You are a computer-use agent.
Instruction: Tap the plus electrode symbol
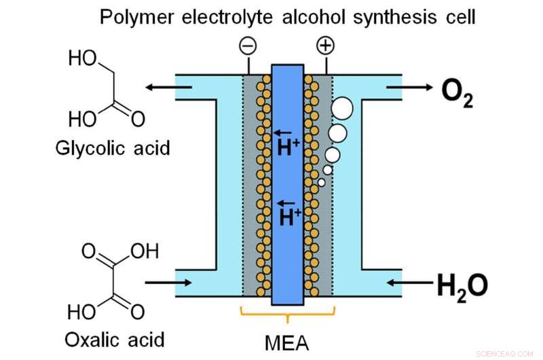coord(326,46)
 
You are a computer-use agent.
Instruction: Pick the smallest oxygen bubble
coord(322,182)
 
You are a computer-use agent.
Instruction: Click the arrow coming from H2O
coord(407,281)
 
